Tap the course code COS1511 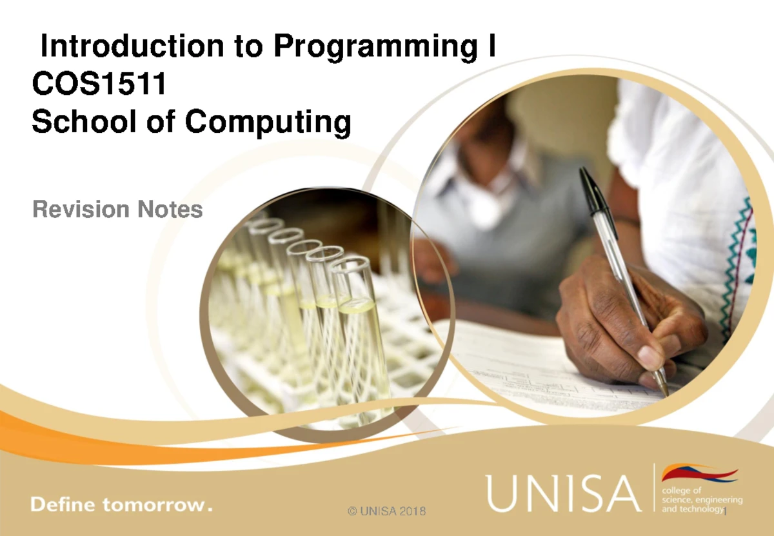tap(98, 84)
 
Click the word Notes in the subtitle tap(169, 209)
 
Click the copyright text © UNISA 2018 tap(386, 511)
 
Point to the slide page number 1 tap(726, 512)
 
